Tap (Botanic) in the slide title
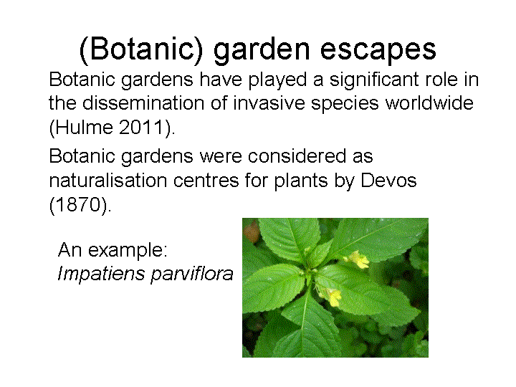141,49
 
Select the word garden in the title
262,50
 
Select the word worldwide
429,103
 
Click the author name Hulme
84,128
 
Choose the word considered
297,156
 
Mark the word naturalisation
108,181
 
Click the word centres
206,181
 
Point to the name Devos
388,181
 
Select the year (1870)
80,205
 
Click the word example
128,251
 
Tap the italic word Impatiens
101,274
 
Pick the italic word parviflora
192,274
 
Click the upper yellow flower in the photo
358,259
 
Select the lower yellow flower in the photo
333,297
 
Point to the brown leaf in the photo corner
251,231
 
